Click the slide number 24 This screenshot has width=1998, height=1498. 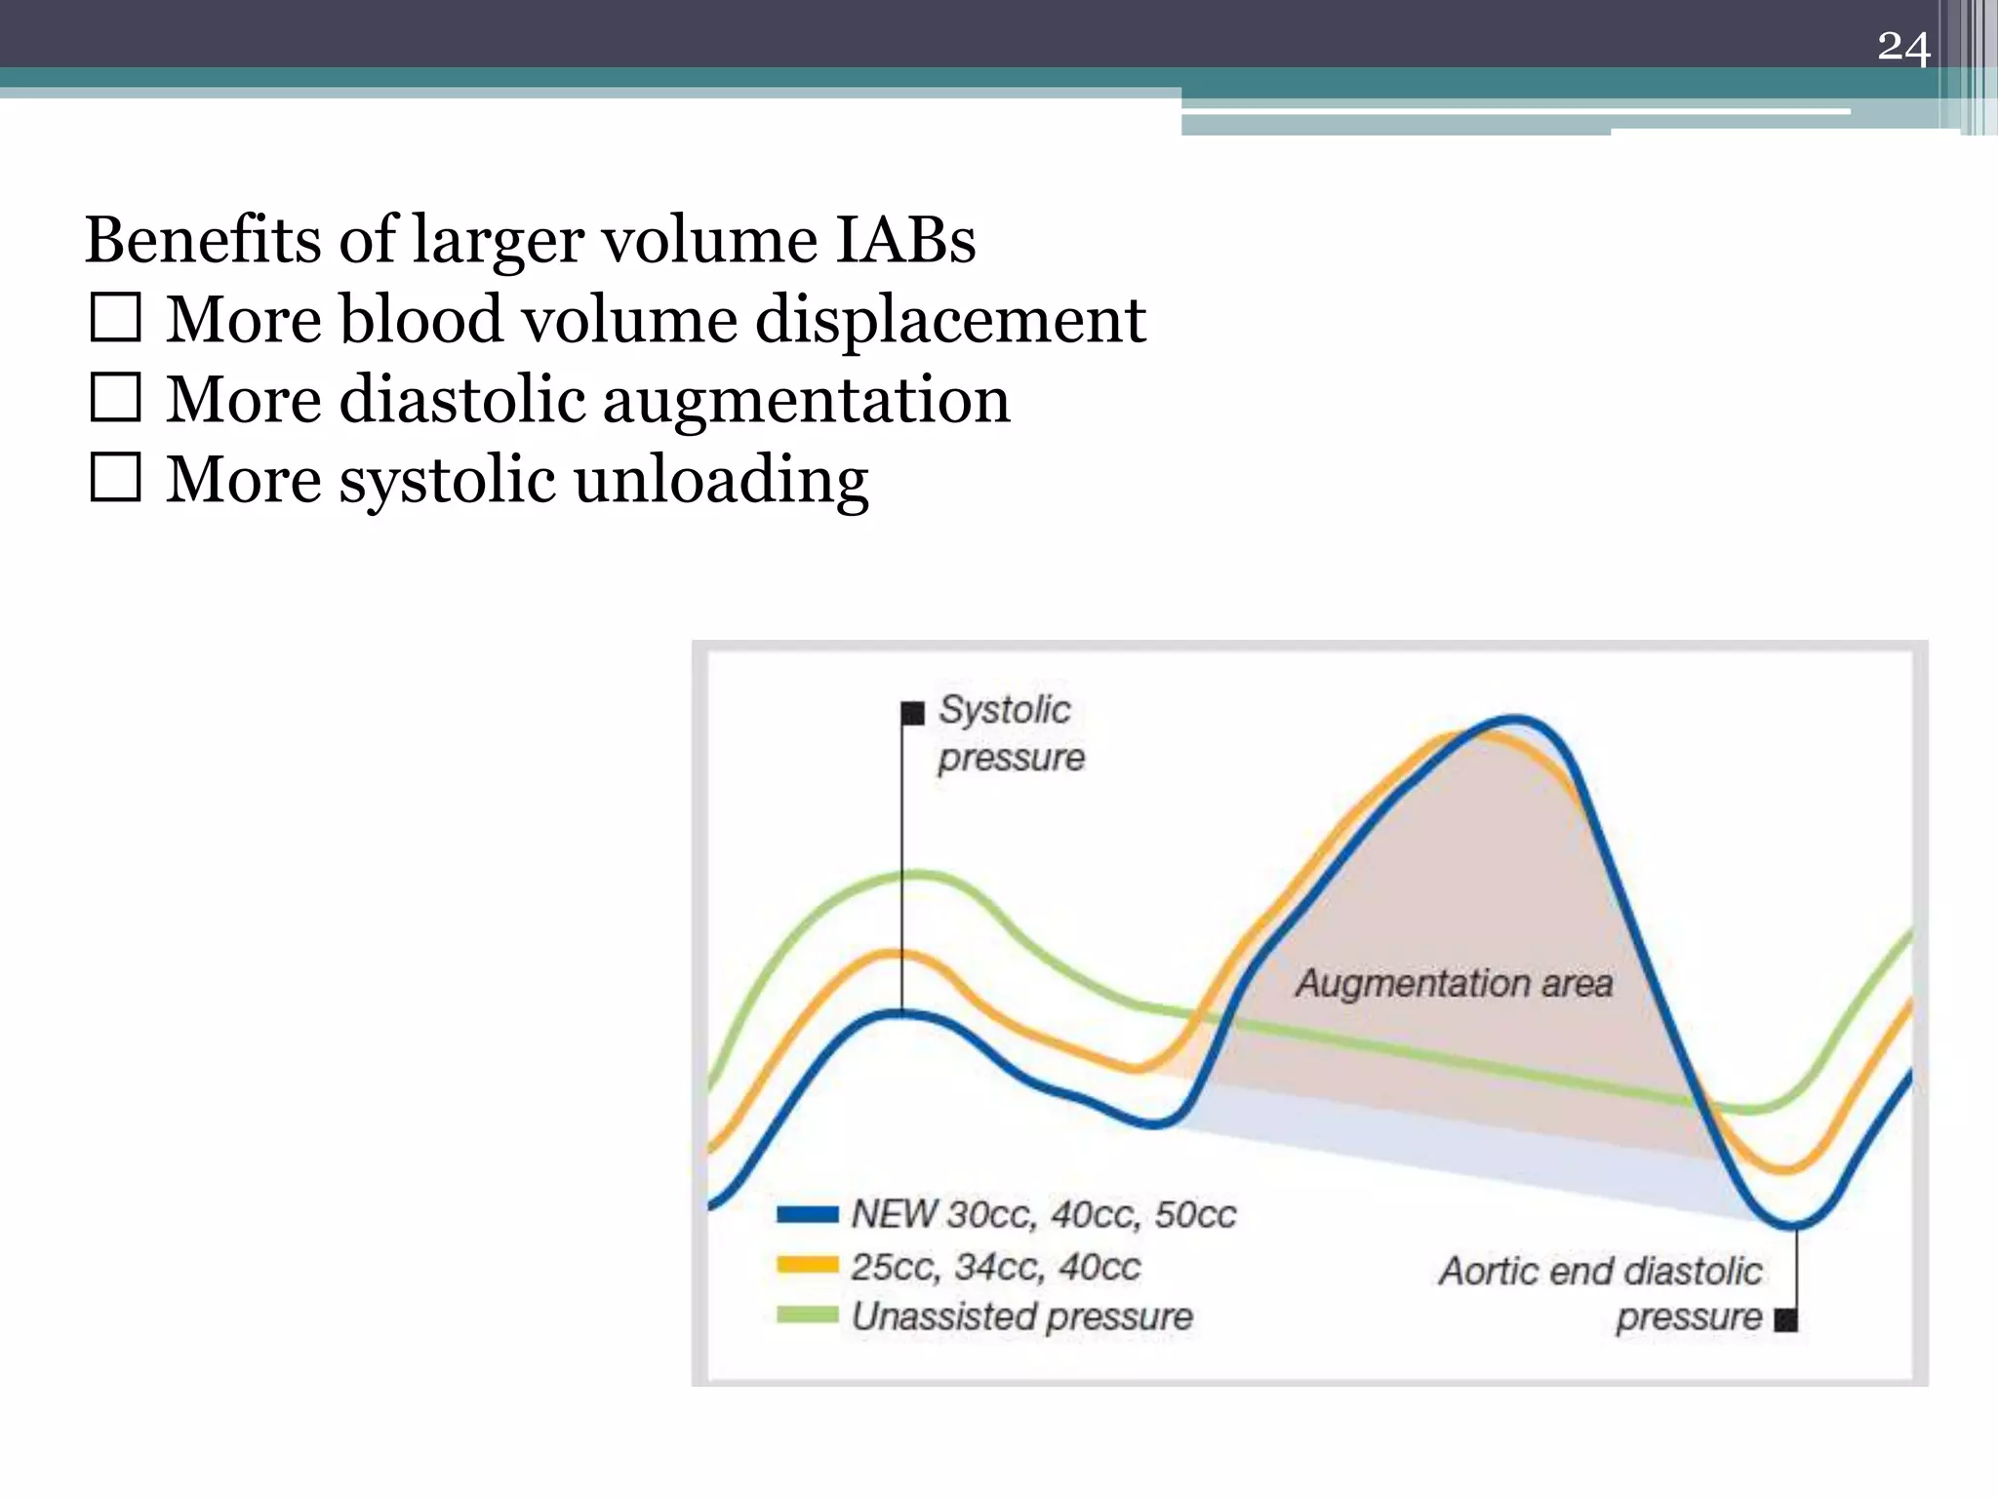[x=1902, y=47]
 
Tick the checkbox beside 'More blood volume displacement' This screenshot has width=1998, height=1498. [x=116, y=318]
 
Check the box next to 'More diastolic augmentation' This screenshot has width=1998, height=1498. [x=116, y=398]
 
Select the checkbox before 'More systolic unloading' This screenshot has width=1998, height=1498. [x=116, y=478]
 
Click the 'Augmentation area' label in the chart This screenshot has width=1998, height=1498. [x=1454, y=983]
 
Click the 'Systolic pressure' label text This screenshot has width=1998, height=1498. [x=1010, y=733]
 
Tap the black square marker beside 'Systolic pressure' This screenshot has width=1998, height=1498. [x=912, y=713]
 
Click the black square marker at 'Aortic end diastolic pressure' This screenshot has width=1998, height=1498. [x=1785, y=1321]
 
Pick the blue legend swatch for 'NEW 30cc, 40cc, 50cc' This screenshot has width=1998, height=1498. [x=807, y=1214]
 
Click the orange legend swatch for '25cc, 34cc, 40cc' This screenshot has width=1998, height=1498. [x=807, y=1266]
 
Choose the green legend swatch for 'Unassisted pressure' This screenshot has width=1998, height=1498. [x=807, y=1316]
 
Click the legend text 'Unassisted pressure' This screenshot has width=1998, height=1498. [x=1021, y=1317]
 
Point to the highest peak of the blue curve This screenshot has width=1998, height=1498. [x=1515, y=721]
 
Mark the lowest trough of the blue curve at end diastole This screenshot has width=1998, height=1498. [x=1792, y=1225]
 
